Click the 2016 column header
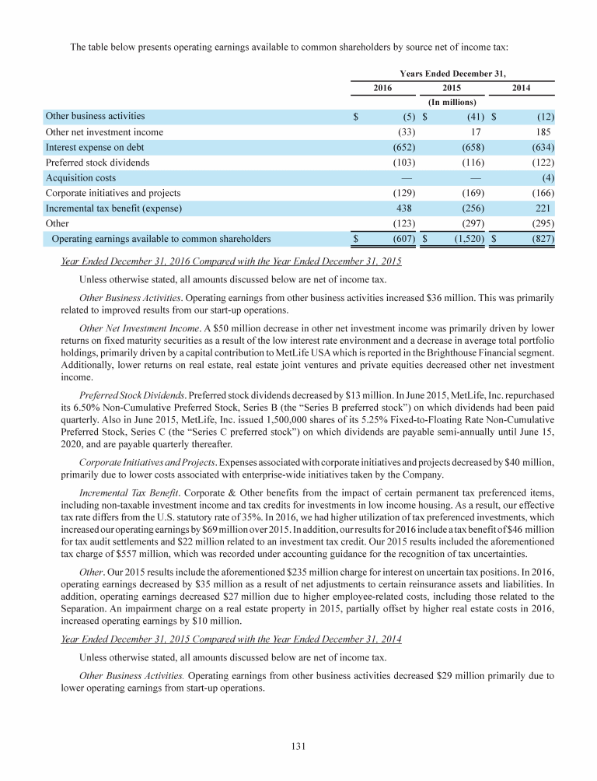point(382,89)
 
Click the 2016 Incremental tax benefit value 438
point(405,208)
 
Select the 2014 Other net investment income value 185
point(544,132)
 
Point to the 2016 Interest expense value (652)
point(403,147)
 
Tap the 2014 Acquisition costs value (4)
point(546,178)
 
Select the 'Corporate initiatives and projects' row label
point(113,193)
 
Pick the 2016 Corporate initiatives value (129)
point(403,193)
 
